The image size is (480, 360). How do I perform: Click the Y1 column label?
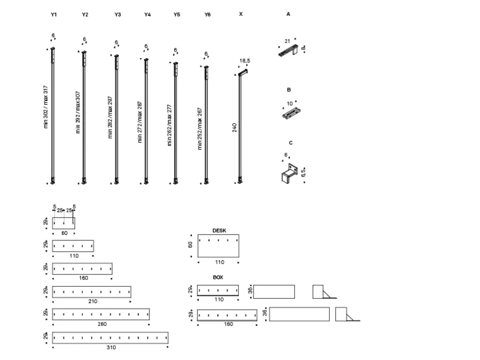[x=54, y=15]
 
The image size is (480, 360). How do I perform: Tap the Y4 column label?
[x=147, y=15]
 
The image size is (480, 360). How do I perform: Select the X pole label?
[x=240, y=14]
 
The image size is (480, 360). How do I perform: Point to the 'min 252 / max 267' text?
[x=200, y=128]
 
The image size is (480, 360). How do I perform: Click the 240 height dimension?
[x=235, y=128]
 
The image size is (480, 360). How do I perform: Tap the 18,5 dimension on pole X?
[x=244, y=60]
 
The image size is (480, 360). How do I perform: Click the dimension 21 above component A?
[x=287, y=41]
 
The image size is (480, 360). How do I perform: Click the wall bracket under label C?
[x=288, y=174]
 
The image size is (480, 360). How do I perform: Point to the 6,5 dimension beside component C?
[x=303, y=172]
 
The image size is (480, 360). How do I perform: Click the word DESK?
[x=219, y=230]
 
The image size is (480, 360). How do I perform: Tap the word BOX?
[x=218, y=277]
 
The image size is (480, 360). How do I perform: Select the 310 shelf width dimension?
[x=111, y=347]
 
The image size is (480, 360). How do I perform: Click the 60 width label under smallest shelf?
[x=64, y=232]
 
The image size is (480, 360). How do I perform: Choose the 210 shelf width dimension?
[x=92, y=301]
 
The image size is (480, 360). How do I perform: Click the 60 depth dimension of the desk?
[x=191, y=245]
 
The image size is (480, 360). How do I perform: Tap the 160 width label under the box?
[x=228, y=324]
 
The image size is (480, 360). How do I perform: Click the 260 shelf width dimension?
[x=101, y=324]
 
